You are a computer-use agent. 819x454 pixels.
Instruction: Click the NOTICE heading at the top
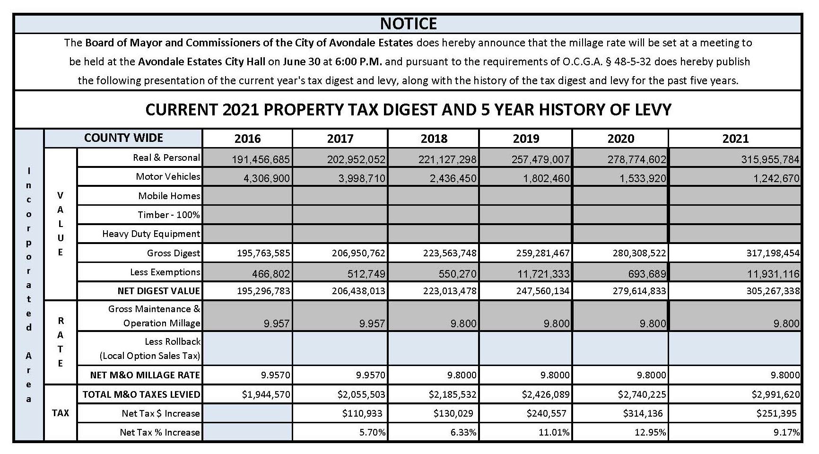[409, 24]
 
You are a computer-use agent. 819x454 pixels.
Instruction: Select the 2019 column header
[526, 139]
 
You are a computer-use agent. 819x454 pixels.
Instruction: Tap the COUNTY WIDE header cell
[123, 138]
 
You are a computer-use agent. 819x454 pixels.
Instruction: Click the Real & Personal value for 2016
[261, 159]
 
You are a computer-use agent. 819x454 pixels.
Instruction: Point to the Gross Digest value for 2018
[450, 253]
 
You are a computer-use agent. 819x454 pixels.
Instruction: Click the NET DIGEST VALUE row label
[158, 291]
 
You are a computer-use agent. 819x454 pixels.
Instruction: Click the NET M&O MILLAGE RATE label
[145, 375]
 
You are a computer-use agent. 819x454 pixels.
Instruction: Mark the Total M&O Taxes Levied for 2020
[641, 394]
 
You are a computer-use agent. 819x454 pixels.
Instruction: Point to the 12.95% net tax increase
[651, 432]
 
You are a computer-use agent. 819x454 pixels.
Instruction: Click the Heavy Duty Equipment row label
[151, 234]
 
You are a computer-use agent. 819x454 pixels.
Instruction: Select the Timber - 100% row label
[169, 215]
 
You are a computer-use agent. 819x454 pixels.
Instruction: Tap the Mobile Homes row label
[169, 196]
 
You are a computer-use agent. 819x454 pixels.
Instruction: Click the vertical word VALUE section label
[60, 224]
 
